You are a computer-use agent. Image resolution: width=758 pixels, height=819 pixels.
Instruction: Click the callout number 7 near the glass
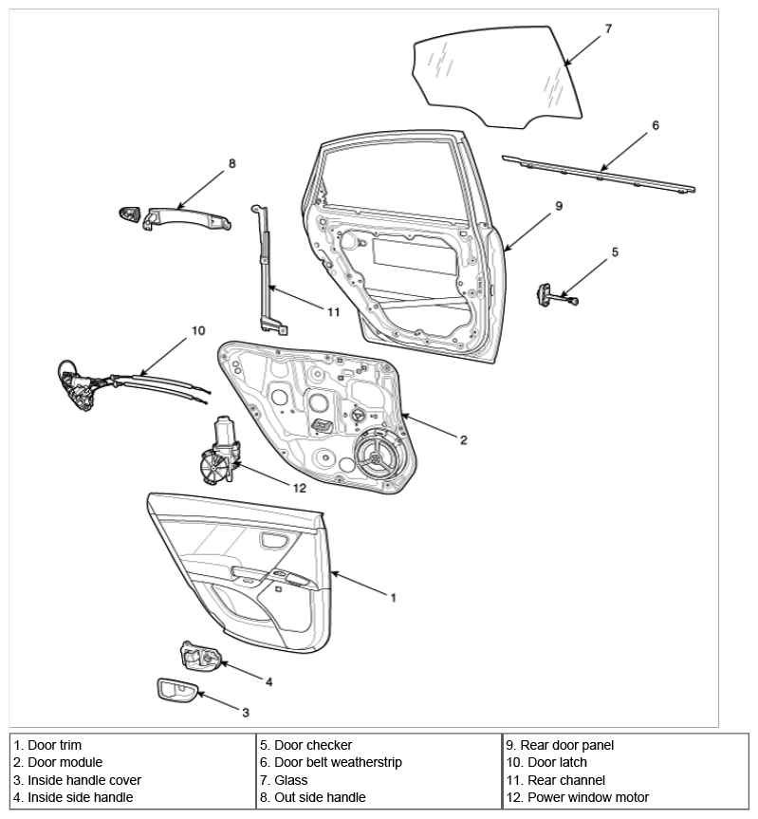click(x=608, y=28)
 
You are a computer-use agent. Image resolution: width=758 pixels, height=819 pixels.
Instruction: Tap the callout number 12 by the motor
click(x=299, y=488)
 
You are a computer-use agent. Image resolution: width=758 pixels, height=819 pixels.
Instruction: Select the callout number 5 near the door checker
click(x=615, y=252)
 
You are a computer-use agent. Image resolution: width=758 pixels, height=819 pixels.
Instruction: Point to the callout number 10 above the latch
click(x=198, y=330)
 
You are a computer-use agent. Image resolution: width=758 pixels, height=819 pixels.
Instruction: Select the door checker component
click(x=555, y=295)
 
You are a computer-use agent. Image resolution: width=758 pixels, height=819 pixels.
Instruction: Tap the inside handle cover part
click(x=176, y=691)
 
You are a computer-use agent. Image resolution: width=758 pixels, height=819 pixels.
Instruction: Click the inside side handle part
click(x=200, y=657)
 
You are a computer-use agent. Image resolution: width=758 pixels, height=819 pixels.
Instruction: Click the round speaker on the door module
click(x=376, y=456)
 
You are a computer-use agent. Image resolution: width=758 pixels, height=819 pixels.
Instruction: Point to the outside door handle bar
click(x=187, y=218)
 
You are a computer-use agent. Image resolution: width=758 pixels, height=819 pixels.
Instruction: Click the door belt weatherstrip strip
click(x=599, y=175)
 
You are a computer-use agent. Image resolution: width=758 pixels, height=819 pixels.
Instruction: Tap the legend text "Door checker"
click(x=313, y=745)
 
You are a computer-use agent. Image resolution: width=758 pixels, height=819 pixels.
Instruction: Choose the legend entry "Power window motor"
click(x=588, y=797)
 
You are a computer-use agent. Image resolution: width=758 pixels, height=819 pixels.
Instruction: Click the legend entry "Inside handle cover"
click(x=84, y=780)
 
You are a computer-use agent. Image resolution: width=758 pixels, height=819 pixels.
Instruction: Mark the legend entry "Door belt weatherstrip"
click(x=339, y=763)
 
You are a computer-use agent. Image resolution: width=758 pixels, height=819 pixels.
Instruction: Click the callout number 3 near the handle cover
click(x=246, y=713)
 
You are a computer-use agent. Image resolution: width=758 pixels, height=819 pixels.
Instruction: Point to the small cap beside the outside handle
click(x=129, y=214)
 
